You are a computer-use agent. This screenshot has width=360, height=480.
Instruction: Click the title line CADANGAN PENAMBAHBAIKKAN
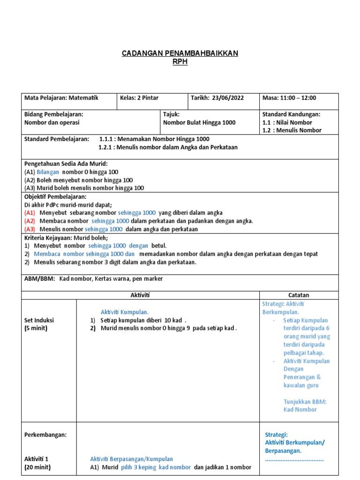(180, 53)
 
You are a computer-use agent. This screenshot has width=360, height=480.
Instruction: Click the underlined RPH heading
(180, 62)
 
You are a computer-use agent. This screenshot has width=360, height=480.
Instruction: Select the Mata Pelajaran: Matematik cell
(61, 98)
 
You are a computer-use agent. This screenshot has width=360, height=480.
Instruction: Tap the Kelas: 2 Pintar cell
(140, 98)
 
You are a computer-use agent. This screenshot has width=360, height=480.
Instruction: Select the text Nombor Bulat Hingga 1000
(199, 122)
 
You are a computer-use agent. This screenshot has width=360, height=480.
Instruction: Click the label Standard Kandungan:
(291, 114)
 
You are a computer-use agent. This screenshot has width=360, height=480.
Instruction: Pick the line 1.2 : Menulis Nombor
(292, 130)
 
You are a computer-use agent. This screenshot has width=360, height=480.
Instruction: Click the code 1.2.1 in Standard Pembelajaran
(107, 147)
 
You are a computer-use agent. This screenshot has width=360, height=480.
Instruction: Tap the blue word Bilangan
(48, 172)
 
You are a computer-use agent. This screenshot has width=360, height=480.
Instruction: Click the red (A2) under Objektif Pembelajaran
(30, 221)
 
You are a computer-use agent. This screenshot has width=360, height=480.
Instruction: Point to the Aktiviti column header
(140, 295)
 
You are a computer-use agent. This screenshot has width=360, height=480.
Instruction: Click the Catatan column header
(299, 295)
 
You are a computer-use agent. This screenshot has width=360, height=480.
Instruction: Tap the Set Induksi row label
(39, 320)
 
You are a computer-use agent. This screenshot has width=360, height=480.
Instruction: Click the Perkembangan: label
(45, 435)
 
